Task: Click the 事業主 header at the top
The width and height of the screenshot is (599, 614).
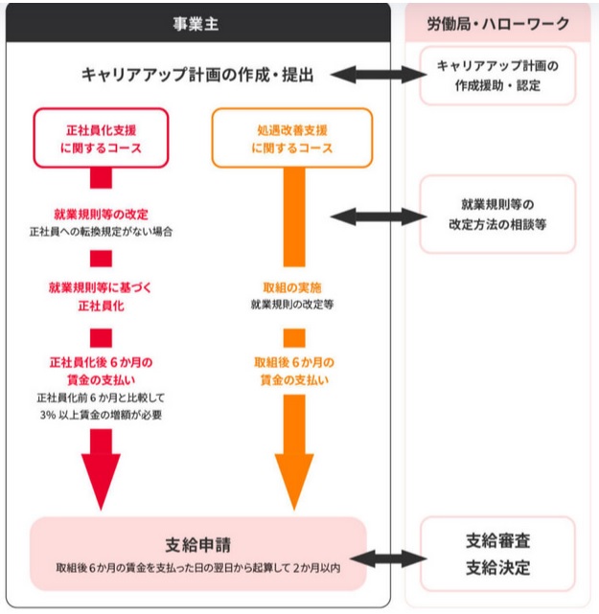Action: [x=196, y=24]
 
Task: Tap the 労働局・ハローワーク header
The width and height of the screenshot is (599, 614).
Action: [x=497, y=24]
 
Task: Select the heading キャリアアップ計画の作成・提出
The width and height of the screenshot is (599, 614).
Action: [x=197, y=74]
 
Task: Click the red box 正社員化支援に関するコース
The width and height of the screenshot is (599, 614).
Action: [x=101, y=138]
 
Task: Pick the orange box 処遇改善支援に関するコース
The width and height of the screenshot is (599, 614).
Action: [x=291, y=138]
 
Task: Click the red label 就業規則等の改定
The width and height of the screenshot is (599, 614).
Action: [x=101, y=214]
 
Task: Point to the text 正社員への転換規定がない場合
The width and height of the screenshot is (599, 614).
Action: [x=101, y=232]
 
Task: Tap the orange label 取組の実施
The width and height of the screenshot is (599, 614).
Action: [x=291, y=286]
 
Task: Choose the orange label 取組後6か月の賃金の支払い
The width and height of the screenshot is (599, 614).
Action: [x=293, y=371]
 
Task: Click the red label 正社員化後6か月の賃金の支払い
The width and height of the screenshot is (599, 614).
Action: [x=101, y=371]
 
